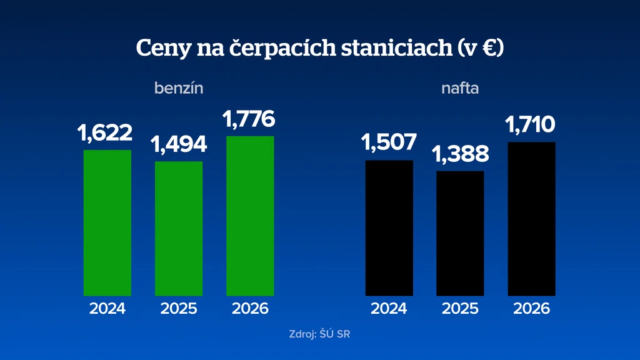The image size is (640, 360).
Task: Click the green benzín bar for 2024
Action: point(107,223)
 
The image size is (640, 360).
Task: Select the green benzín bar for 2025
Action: point(179,229)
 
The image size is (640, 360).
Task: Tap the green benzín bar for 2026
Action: point(250,216)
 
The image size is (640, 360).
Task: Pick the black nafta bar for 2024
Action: point(389,228)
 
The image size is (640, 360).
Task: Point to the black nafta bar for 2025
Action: point(460,234)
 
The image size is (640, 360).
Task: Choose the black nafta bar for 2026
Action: point(531,219)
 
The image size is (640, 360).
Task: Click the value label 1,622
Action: point(105,133)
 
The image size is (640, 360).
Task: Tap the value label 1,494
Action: point(179,144)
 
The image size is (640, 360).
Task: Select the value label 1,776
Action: point(249,119)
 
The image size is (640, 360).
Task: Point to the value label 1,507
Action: point(389,142)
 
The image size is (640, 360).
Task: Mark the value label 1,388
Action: point(460,154)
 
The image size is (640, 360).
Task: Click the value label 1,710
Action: point(530,125)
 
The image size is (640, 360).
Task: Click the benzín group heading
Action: point(179,88)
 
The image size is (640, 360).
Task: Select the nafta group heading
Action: point(460,88)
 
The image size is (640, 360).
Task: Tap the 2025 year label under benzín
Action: point(179,309)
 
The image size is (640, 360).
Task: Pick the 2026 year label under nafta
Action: point(531,309)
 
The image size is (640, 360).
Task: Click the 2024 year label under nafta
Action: point(389,309)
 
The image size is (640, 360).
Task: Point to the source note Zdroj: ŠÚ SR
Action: point(319,334)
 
